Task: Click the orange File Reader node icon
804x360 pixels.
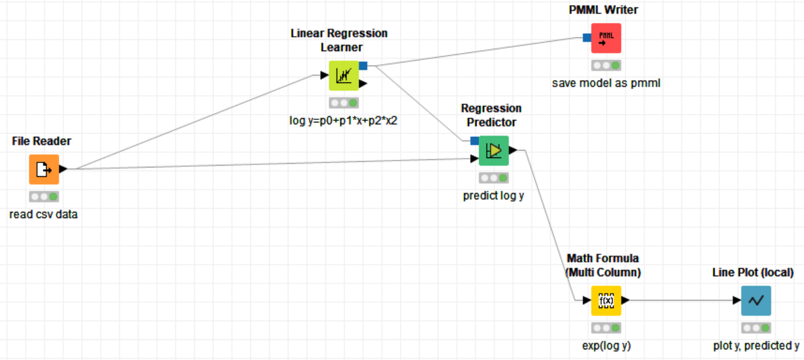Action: pos(44,169)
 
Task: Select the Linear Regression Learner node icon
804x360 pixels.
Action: pos(344,76)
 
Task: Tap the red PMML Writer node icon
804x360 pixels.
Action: pos(606,38)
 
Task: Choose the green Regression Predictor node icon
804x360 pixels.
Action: pos(494,151)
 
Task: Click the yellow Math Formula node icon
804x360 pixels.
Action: pos(606,301)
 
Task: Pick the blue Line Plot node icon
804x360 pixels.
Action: pos(756,301)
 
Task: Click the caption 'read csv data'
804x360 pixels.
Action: pos(44,214)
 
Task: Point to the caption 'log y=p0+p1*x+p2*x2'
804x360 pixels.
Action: pos(339,121)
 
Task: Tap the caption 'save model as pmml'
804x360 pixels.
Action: pos(606,83)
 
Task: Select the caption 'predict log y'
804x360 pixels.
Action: pos(494,196)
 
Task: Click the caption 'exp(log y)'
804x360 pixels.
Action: pos(606,346)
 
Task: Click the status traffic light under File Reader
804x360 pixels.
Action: pos(44,197)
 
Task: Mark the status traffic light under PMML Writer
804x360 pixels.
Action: pos(606,66)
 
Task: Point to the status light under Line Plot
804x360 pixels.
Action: pos(756,328)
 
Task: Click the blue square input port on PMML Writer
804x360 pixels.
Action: pos(587,37)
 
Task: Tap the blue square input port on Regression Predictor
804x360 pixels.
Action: pos(474,140)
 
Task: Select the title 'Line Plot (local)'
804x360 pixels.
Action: pos(753,272)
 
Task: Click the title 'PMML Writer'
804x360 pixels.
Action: pos(603,9)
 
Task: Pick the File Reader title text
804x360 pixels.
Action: pos(42,141)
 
